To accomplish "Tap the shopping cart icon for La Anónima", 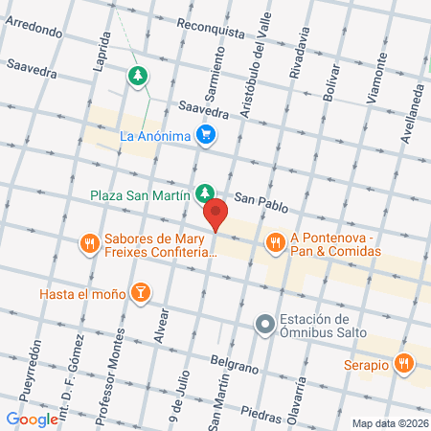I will pos(205,135).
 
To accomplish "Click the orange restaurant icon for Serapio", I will pos(404,364).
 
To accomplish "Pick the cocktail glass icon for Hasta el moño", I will pos(141,291).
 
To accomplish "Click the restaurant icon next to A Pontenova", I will pos(275,241).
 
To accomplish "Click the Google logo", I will pos(33,419).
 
